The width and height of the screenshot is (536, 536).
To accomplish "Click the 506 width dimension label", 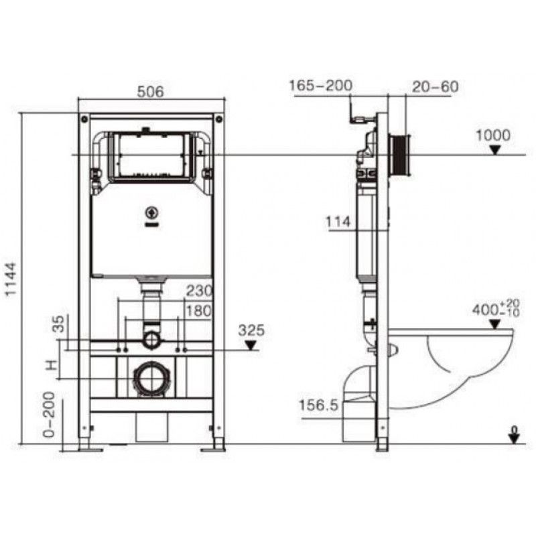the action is (150, 92).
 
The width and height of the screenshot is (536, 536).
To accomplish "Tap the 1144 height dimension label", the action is (11, 279).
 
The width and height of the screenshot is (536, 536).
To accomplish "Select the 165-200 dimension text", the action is (321, 86).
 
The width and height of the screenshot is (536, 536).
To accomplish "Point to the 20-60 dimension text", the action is (435, 86).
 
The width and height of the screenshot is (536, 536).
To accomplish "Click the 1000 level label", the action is (493, 135).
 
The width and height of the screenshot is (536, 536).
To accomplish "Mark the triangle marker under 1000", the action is (494, 149).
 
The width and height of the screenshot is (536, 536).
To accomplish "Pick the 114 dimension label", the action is (338, 222).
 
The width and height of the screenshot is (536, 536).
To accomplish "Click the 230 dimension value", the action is (199, 291).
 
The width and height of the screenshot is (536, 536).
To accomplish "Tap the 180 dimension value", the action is (199, 311).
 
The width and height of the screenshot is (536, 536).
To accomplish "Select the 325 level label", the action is (252, 330).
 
